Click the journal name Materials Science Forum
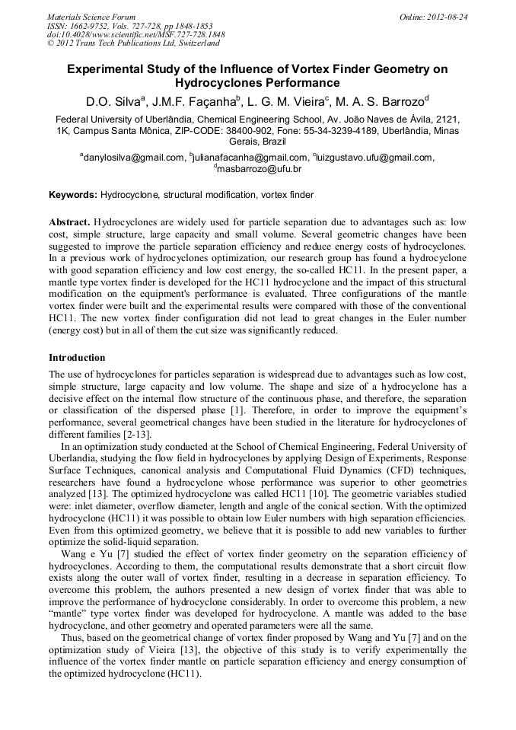coord(91,17)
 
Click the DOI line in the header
coord(135,35)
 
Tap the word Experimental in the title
coord(113,69)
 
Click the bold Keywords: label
coord(73,195)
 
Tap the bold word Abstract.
coord(69,222)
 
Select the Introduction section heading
coord(77,357)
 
